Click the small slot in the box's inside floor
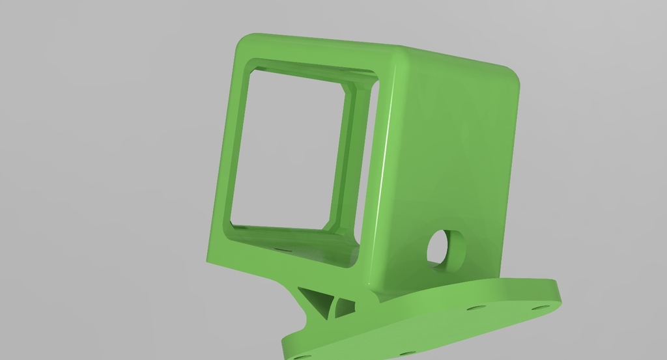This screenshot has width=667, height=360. point(281,248)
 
